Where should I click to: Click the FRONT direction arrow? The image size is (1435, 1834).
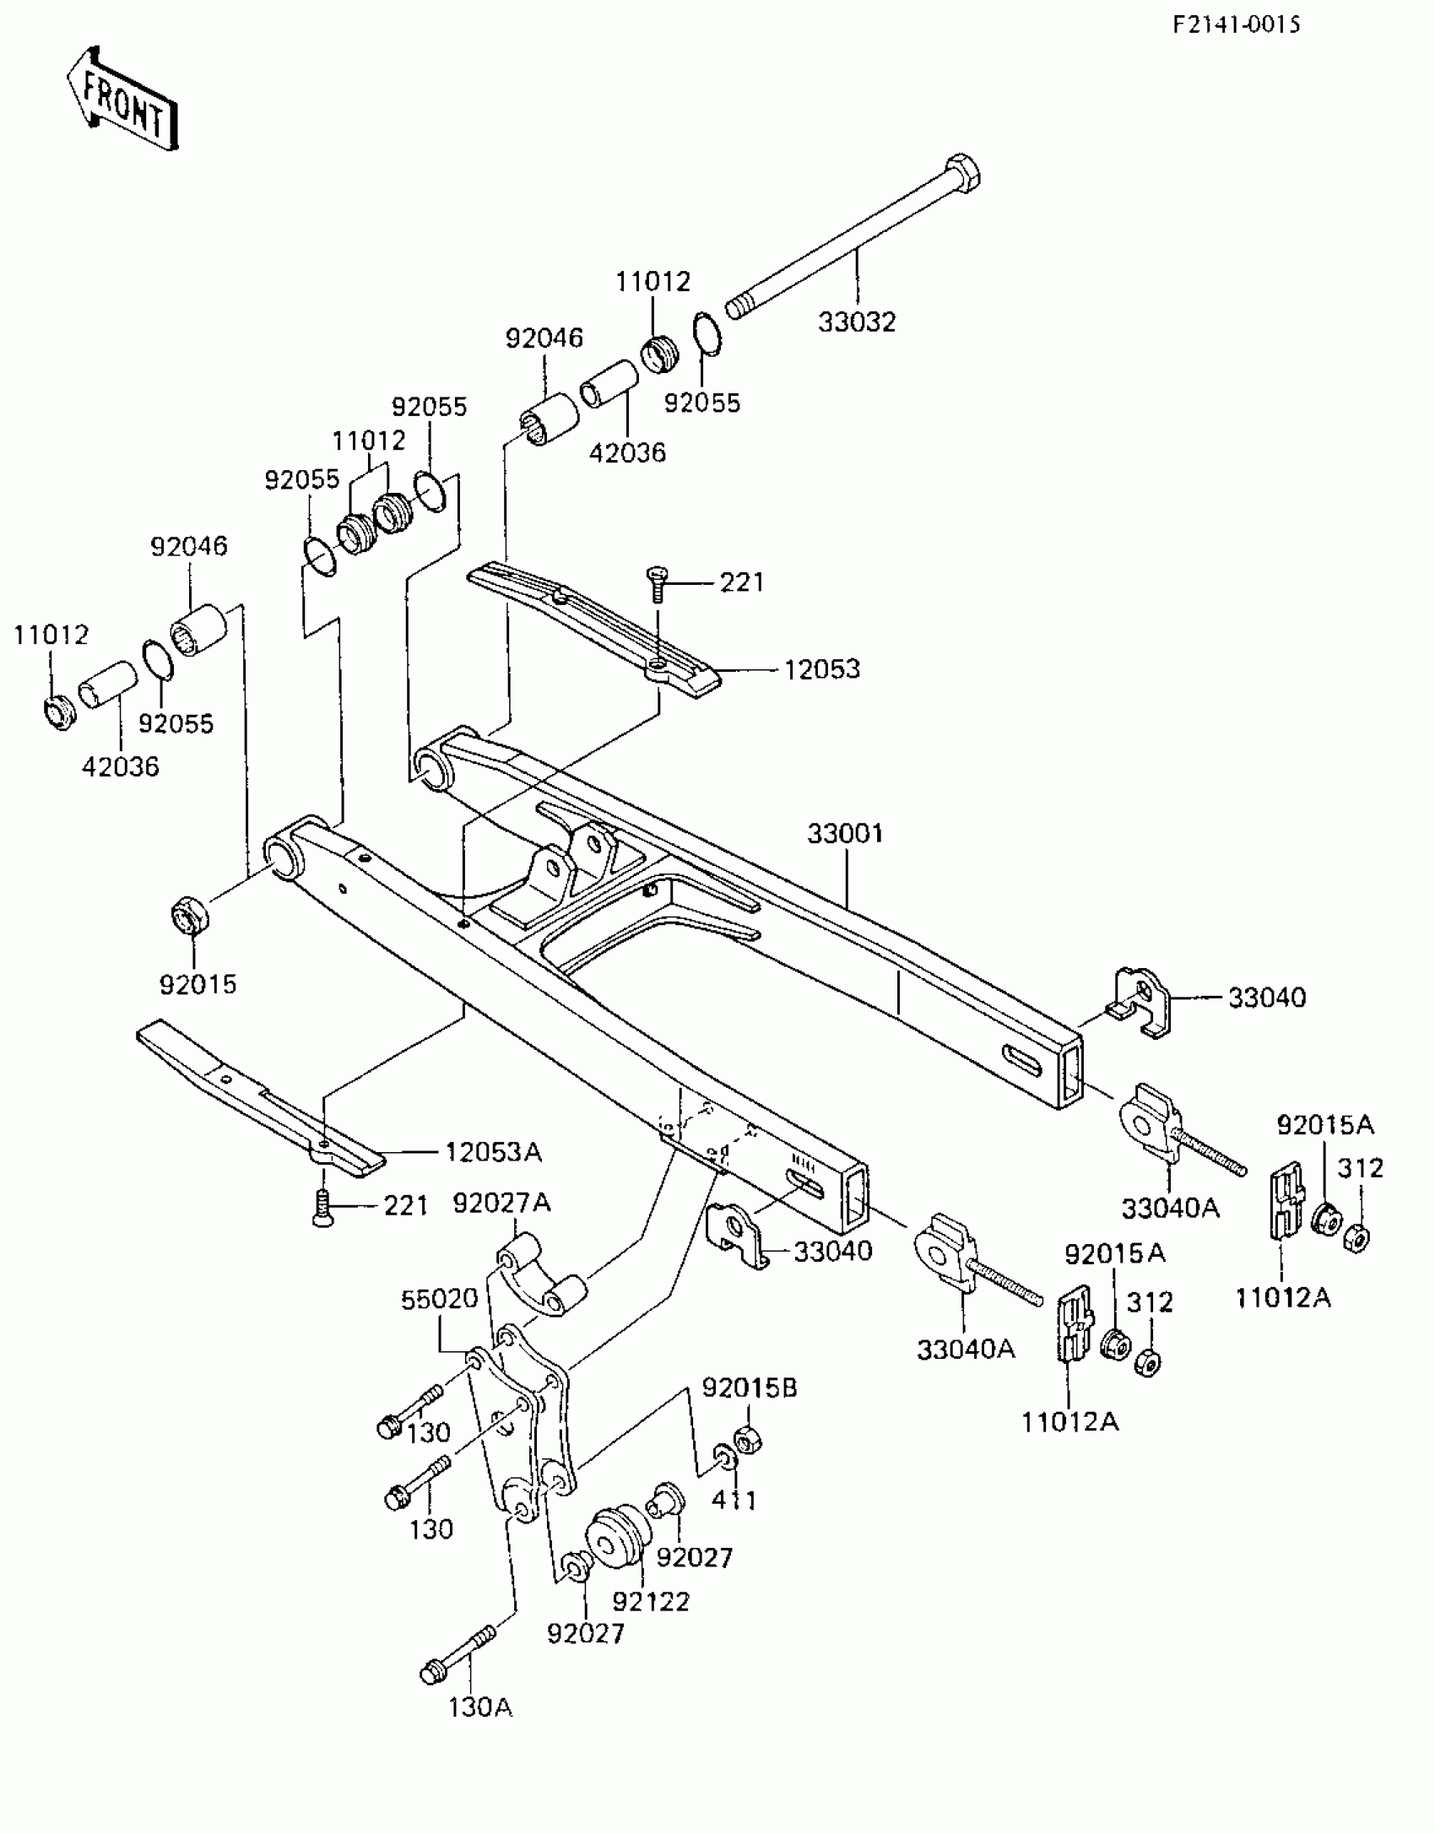coord(122,100)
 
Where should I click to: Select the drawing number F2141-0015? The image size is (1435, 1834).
coord(1236,24)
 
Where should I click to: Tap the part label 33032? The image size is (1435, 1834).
coord(857,322)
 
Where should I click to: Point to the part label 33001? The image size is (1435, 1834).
coord(845,834)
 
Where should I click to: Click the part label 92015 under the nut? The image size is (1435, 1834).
coord(198,984)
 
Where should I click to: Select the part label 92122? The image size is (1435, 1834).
coord(651,1601)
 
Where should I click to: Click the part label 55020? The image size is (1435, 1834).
coord(440,1299)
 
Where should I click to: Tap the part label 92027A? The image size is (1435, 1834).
coord(501,1204)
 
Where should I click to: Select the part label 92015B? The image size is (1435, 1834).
coord(750,1388)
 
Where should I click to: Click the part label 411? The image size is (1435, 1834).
coord(734,1500)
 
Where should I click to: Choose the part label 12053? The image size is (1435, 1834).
coord(822,669)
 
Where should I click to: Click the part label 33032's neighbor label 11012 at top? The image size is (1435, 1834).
coord(653,281)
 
